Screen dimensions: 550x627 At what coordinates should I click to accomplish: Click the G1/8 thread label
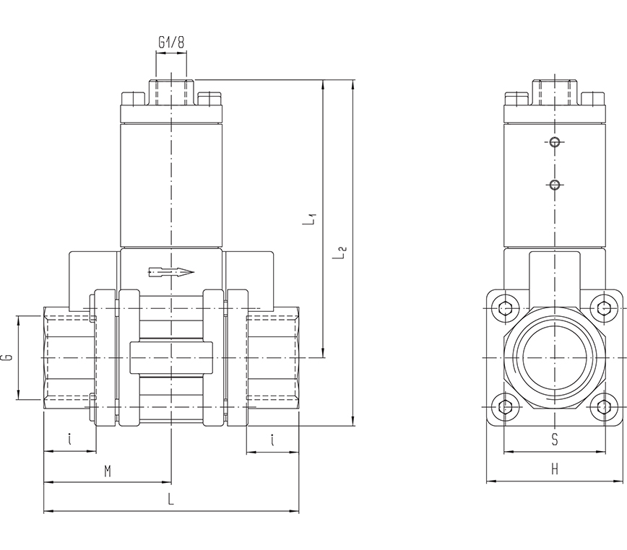(171, 43)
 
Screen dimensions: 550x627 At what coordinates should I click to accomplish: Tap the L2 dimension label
(342, 253)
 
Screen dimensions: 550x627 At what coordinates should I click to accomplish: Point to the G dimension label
(7, 357)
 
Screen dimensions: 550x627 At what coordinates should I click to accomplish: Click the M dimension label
(107, 471)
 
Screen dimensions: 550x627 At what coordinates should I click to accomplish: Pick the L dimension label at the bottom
(170, 498)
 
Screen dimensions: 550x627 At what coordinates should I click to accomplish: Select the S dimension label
(555, 439)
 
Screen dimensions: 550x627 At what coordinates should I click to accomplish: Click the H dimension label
(555, 469)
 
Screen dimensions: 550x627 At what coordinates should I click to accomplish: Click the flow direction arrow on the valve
(170, 272)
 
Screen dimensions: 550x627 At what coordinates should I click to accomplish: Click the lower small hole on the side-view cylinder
(554, 185)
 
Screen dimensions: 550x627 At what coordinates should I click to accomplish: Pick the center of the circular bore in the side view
(555, 358)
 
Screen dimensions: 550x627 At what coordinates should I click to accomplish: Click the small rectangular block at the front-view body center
(170, 358)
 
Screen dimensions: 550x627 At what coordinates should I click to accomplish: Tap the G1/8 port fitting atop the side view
(554, 92)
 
